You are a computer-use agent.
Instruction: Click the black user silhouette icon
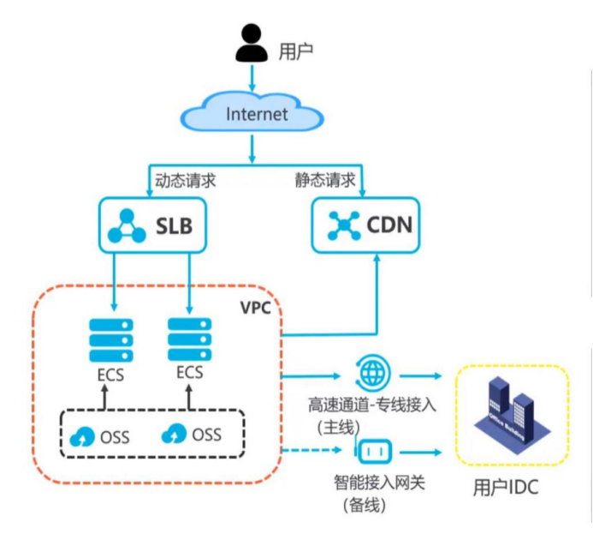[251, 44]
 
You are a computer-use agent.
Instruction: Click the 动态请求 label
[185, 181]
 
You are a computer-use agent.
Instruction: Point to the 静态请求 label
[323, 181]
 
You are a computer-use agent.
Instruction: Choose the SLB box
[153, 225]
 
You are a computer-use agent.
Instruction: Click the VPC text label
[255, 308]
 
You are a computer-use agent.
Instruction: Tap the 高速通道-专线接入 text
[372, 405]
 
